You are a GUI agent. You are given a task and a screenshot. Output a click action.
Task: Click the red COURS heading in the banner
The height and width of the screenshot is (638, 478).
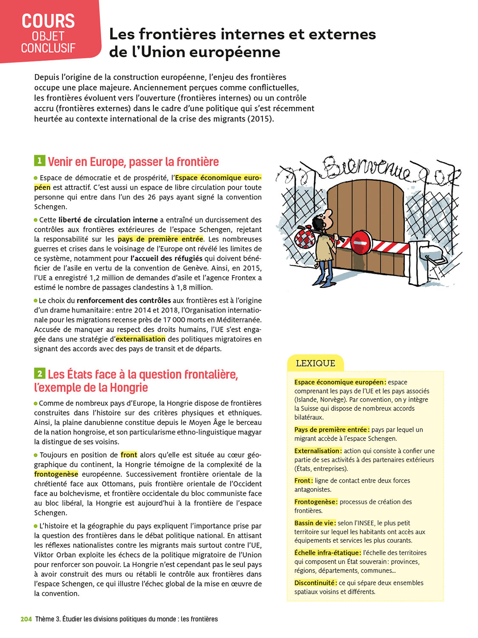coord(48,21)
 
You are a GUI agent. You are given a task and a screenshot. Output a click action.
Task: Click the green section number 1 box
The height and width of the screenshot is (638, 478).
coord(39,161)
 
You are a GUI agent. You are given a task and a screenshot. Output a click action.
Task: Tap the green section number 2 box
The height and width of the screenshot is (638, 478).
coord(39,373)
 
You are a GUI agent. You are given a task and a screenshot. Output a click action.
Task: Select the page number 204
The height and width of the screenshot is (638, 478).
coord(26,619)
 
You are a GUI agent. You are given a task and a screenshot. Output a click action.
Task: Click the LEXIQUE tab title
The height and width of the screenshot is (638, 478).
coord(315,363)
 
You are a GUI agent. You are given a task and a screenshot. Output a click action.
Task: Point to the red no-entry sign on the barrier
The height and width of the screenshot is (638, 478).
coord(361,242)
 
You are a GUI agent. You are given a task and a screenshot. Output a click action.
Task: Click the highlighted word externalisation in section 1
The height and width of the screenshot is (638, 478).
coord(141,339)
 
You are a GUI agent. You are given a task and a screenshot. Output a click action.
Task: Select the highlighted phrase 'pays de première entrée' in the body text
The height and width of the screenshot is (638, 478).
coord(160,239)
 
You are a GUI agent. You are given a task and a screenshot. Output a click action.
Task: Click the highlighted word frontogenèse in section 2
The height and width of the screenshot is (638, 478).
coord(56,474)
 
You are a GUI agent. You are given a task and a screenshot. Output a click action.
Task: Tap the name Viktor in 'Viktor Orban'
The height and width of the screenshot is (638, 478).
coord(45,555)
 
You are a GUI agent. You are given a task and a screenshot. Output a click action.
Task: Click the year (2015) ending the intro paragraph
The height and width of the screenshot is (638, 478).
coord(260,119)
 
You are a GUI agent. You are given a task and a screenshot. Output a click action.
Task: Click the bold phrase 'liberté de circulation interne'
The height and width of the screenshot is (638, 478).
coord(108,220)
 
